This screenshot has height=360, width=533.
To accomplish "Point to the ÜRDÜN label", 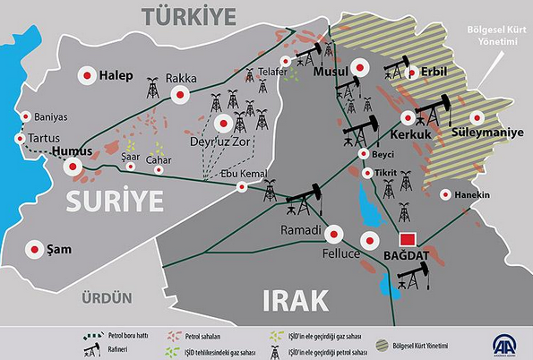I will (106, 297).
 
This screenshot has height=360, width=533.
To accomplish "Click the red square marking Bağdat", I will (408, 240).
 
